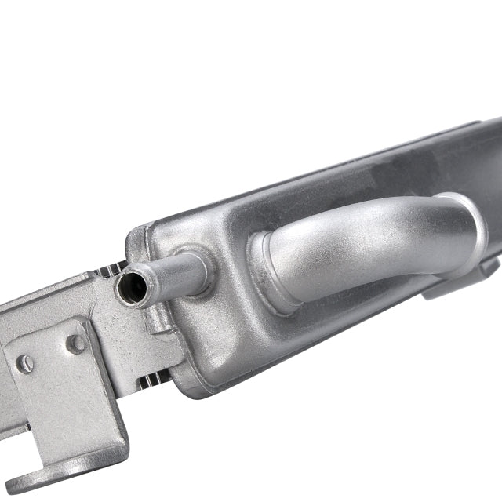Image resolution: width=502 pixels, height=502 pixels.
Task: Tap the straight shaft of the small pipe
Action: pos(176,271)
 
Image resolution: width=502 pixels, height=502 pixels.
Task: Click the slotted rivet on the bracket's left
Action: pos(26,363)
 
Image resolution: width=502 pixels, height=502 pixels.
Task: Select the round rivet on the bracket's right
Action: pos(76,343)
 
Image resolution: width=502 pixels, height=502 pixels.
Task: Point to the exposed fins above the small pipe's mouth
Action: pos(110,271)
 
